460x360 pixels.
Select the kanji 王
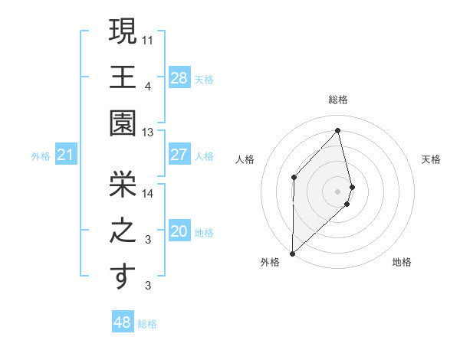click(123, 78)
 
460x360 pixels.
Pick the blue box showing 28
click(179, 77)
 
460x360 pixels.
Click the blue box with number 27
click(179, 155)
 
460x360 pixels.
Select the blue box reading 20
click(179, 231)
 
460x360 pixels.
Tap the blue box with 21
click(66, 155)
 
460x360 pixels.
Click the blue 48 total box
click(122, 322)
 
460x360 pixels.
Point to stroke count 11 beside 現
click(149, 38)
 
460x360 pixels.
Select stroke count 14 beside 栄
click(149, 193)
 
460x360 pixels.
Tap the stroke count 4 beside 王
click(148, 87)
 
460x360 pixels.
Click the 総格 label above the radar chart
click(338, 100)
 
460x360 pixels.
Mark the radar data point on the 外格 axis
click(292, 252)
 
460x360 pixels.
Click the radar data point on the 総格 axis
click(338, 130)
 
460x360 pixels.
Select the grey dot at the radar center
click(337, 191)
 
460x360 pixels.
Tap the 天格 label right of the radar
click(431, 159)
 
